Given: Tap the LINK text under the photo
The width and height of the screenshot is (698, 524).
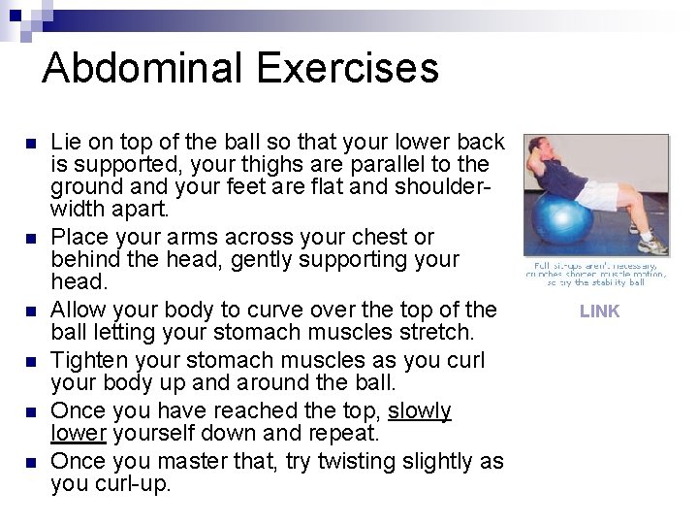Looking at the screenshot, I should pos(599,311).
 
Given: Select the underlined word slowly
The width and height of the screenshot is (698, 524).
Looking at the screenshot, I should pos(420,410).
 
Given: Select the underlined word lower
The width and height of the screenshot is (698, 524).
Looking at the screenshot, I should pos(75,434).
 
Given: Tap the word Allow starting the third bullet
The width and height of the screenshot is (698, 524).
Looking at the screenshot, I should pos(79,311).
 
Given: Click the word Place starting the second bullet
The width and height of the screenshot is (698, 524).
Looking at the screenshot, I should pos(79,238).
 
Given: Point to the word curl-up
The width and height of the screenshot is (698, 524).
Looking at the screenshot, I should pos(132,482).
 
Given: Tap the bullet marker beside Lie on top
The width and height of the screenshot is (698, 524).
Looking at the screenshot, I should pos(30,143).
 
